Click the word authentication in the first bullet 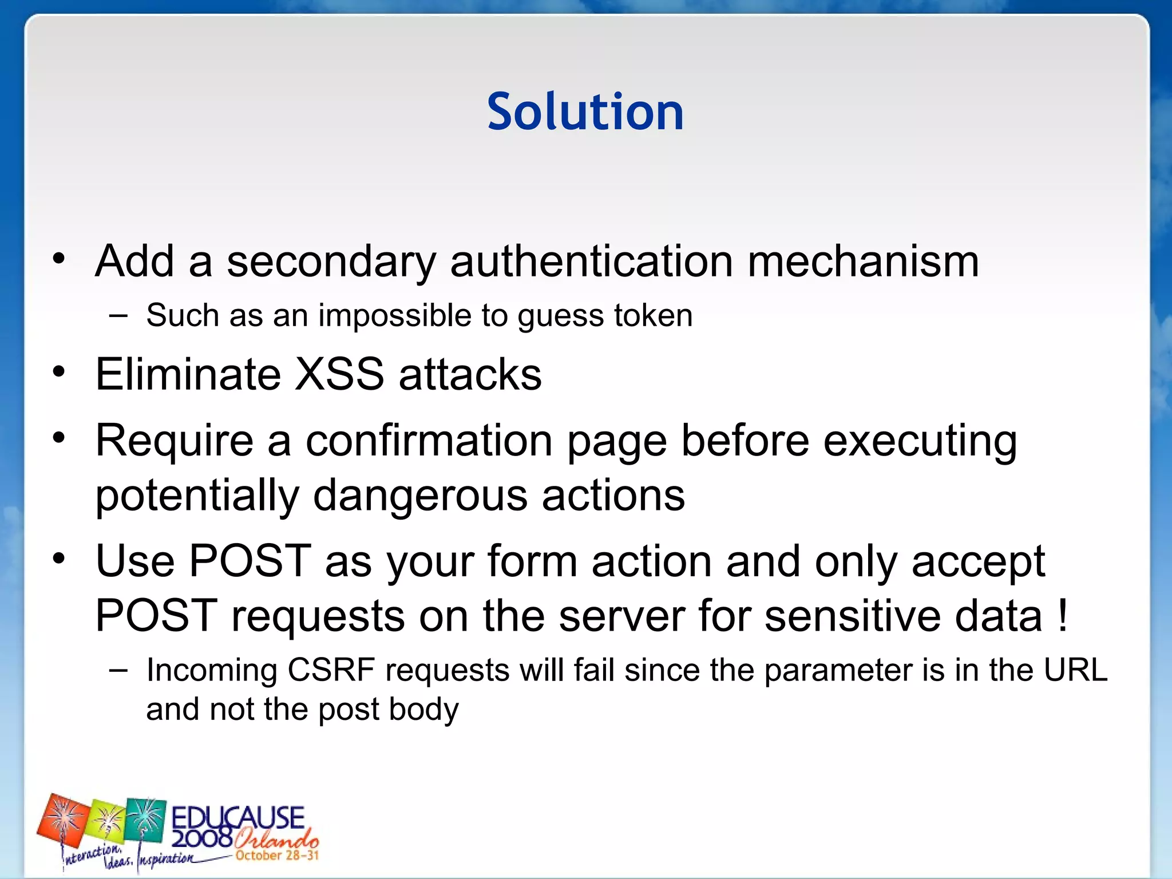[x=591, y=262]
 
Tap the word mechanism [x=863, y=262]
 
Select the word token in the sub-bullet [x=653, y=315]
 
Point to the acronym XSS [x=339, y=374]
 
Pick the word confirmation [x=429, y=441]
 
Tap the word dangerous [x=420, y=495]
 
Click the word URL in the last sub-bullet [x=1076, y=670]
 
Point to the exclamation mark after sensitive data [x=1063, y=616]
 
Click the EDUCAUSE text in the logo [x=238, y=818]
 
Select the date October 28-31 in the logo [x=277, y=856]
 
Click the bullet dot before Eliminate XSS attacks [x=59, y=373]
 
